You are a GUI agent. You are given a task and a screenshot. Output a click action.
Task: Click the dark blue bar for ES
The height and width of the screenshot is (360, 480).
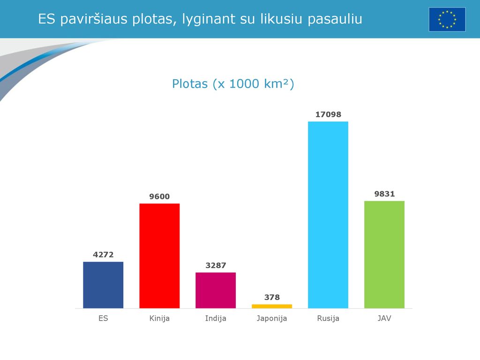click(x=103, y=285)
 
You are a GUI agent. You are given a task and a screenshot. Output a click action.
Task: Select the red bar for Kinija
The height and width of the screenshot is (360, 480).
click(x=159, y=256)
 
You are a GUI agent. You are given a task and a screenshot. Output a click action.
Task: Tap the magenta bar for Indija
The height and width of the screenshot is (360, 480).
click(x=216, y=290)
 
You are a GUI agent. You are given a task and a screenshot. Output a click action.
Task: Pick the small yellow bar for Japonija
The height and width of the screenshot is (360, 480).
click(x=272, y=306)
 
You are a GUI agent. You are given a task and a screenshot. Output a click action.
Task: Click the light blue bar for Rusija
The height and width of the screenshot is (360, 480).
click(x=328, y=215)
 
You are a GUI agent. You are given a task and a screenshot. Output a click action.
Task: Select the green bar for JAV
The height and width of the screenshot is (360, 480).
click(x=384, y=255)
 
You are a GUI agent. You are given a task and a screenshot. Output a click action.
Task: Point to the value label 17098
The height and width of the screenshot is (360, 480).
click(x=328, y=114)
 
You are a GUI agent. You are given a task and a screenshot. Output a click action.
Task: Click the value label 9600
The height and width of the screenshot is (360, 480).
click(x=159, y=196)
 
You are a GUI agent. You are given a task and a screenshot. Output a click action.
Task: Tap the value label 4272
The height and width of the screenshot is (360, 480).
click(x=103, y=255)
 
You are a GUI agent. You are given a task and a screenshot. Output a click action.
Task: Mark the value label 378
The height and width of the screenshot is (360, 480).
click(x=272, y=297)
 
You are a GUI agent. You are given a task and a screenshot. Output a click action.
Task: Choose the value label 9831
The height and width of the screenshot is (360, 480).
click(x=384, y=194)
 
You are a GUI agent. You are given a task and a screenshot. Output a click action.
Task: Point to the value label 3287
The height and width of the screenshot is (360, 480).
click(x=216, y=265)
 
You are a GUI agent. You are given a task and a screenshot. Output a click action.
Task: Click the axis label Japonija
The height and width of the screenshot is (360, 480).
click(x=272, y=319)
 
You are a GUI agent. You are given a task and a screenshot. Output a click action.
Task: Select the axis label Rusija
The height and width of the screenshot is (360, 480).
click(x=328, y=319)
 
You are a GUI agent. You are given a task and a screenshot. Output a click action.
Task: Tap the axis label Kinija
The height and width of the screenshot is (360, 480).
click(x=159, y=319)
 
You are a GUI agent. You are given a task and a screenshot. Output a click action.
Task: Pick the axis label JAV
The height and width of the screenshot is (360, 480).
click(x=384, y=318)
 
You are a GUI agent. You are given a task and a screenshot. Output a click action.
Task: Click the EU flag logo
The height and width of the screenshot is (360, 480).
click(x=447, y=20)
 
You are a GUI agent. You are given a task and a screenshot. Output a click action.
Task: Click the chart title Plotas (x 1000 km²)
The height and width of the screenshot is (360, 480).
click(x=233, y=84)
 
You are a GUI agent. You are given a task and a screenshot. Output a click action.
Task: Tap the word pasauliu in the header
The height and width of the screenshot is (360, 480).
click(x=335, y=19)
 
